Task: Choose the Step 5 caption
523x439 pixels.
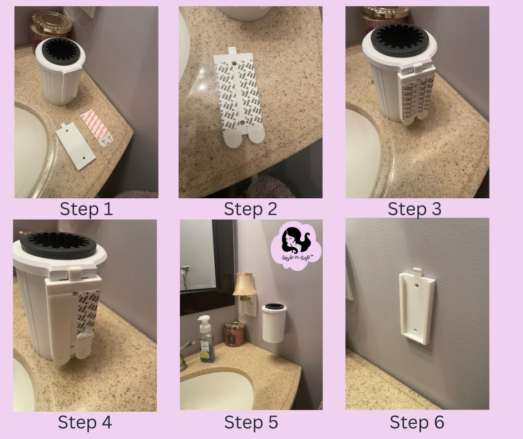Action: pos(250,422)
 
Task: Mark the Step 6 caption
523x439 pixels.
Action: pos(417,422)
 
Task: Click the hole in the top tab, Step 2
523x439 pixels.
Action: pos(234,57)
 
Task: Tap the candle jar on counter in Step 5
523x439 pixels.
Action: pos(234,334)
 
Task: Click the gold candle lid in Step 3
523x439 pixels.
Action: pos(385,12)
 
